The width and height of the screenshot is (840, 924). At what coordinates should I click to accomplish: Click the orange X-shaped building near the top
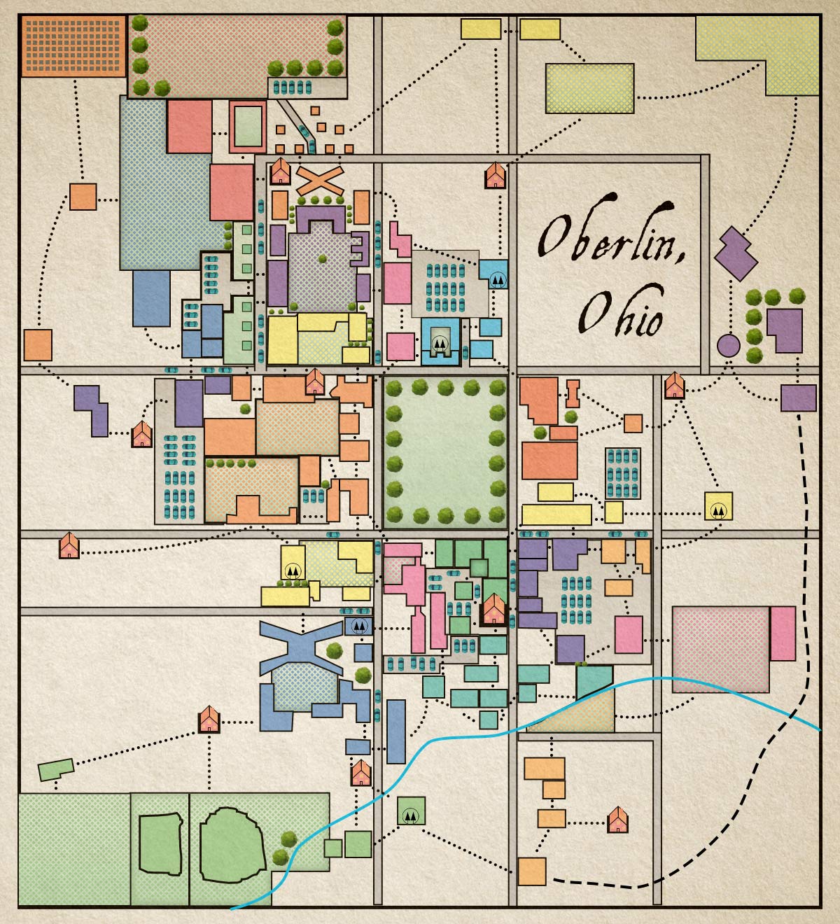(318, 181)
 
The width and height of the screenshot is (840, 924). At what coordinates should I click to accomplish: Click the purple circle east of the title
(728, 345)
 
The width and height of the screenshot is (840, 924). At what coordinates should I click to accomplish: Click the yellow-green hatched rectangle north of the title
(589, 88)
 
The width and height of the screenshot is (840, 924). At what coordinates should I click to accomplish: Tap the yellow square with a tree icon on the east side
(718, 505)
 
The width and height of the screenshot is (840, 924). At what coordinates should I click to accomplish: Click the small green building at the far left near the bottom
(55, 769)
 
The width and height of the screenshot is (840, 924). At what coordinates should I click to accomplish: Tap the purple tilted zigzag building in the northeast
(736, 254)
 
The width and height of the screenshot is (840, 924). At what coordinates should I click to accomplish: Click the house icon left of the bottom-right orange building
(617, 820)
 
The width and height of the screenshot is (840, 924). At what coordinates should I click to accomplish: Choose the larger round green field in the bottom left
(232, 843)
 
